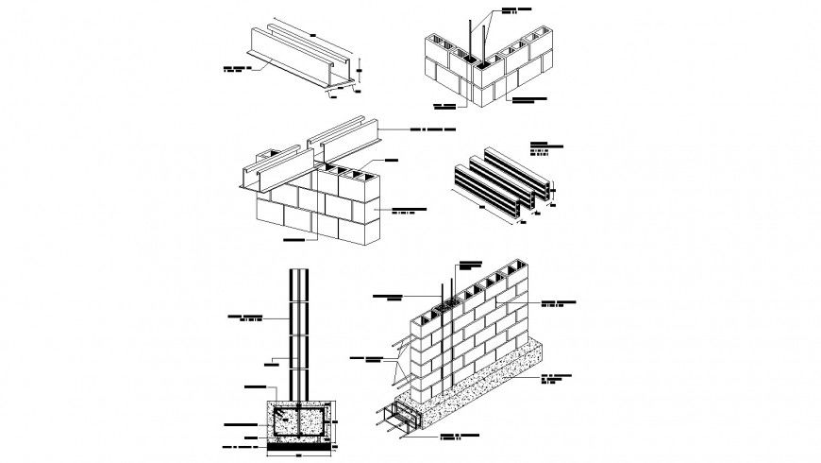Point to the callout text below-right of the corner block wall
531,98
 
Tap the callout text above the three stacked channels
546,147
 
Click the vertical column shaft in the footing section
298,331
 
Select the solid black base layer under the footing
298,441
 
